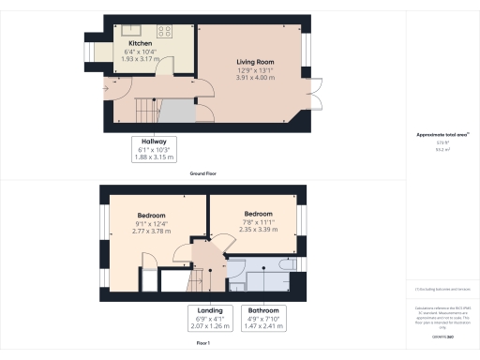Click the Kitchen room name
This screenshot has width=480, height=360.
(x=141, y=42)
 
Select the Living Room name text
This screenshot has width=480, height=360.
(x=253, y=62)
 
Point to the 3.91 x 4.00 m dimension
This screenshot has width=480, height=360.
(x=253, y=77)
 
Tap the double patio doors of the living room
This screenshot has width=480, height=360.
(x=317, y=96)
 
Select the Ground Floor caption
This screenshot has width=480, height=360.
(x=204, y=174)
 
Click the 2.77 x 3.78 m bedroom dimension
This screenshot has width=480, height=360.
(x=154, y=230)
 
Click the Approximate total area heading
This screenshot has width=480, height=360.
(x=442, y=135)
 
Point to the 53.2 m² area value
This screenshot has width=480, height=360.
(x=442, y=148)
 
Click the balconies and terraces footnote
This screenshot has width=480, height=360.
(x=442, y=289)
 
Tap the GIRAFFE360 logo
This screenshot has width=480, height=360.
(x=442, y=336)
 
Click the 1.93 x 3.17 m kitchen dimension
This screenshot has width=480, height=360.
(x=141, y=57)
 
